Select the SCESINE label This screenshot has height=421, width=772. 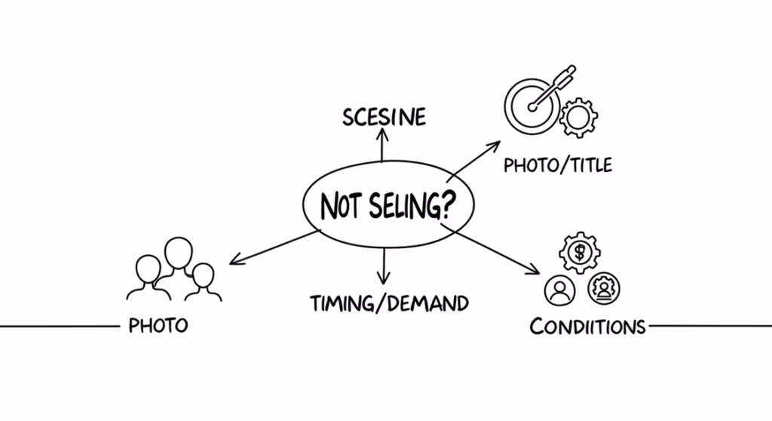[x=384, y=118]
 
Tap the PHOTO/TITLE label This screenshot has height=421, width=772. [x=558, y=164]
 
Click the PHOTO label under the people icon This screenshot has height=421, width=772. [x=158, y=326]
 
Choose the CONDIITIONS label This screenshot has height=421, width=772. [x=587, y=327]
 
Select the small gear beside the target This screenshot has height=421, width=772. [x=579, y=117]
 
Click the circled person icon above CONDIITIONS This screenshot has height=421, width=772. [x=559, y=290]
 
